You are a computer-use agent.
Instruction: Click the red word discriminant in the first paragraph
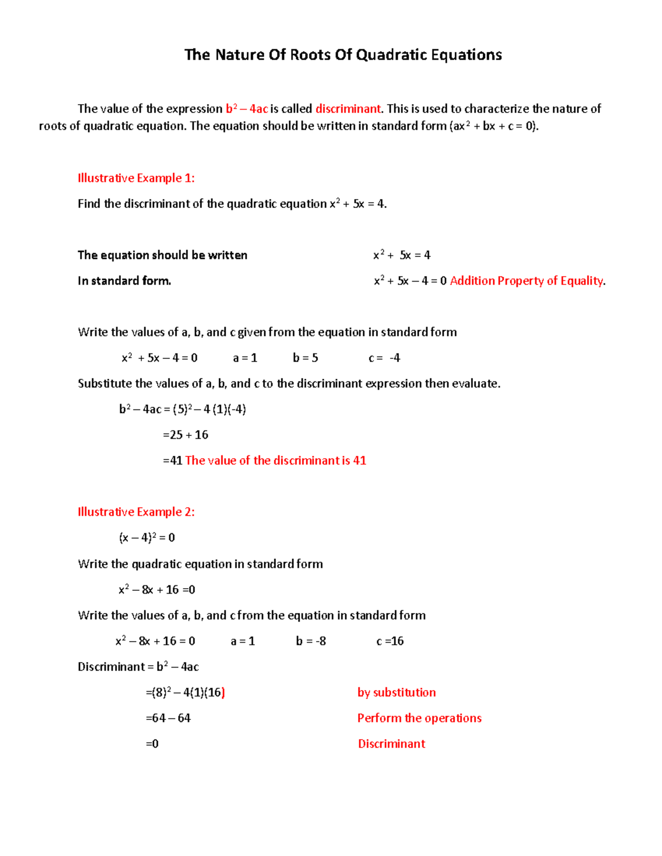pyautogui.click(x=348, y=109)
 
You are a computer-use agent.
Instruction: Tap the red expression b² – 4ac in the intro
pyautogui.click(x=247, y=109)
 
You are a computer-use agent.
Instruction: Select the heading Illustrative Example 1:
pyautogui.click(x=136, y=178)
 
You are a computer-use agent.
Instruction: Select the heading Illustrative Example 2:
pyautogui.click(x=136, y=512)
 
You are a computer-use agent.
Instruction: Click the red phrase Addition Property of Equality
pyautogui.click(x=526, y=281)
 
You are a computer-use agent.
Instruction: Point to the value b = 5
pyautogui.click(x=305, y=358)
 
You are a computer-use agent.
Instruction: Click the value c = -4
pyautogui.click(x=384, y=358)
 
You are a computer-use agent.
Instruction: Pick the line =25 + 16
pyautogui.click(x=185, y=435)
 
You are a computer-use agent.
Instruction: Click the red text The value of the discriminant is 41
pyautogui.click(x=275, y=461)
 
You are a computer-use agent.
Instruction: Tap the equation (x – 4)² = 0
pyautogui.click(x=147, y=538)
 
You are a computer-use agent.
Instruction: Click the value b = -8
pyautogui.click(x=311, y=641)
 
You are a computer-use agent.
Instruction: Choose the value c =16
pyautogui.click(x=389, y=641)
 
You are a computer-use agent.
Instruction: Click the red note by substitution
pyautogui.click(x=396, y=693)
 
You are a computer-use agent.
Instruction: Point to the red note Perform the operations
pyautogui.click(x=419, y=718)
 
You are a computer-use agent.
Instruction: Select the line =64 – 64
pyautogui.click(x=168, y=718)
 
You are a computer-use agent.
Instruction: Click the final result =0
pyautogui.click(x=152, y=744)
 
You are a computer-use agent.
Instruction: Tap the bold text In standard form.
pyautogui.click(x=124, y=281)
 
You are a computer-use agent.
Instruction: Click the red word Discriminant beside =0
pyautogui.click(x=391, y=744)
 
